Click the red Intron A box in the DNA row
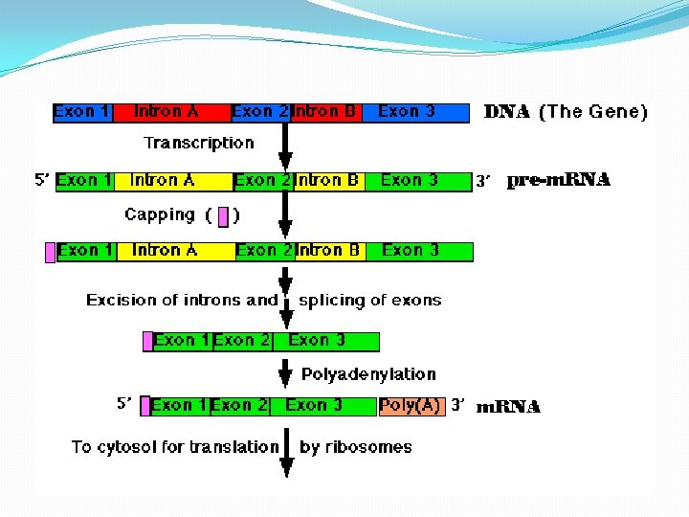point(170,112)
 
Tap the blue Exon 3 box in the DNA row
point(411,112)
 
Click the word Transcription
point(199,143)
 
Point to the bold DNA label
point(507,112)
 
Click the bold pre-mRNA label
point(558,180)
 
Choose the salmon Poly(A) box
point(411,406)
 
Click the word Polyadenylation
point(368,374)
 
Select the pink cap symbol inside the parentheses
point(223,216)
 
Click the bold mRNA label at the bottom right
point(508,407)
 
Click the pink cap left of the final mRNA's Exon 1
point(145,406)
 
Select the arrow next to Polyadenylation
point(285,375)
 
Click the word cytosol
point(153,446)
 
